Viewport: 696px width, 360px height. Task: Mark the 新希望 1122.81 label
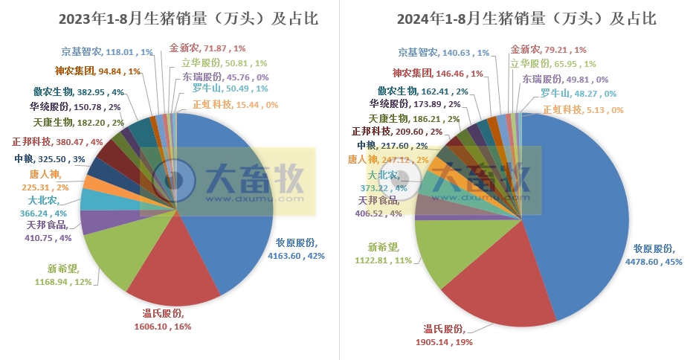click(387, 253)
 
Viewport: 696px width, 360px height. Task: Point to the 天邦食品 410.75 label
click(49, 231)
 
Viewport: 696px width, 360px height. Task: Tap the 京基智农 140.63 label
click(443, 53)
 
